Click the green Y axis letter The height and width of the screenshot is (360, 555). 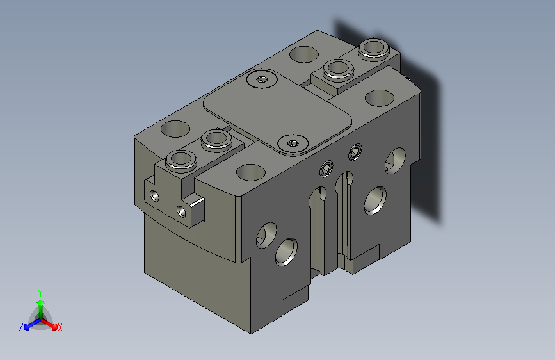point(40,293)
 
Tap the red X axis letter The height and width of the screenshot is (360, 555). point(60,328)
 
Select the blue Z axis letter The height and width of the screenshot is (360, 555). point(21,327)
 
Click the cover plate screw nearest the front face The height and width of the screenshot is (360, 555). point(293,143)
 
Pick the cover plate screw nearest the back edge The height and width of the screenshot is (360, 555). point(262,79)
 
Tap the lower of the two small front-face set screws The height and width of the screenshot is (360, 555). point(326,168)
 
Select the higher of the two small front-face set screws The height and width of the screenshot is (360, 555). point(355,152)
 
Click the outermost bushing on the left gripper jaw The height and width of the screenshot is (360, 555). point(181,160)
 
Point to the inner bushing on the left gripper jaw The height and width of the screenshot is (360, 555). point(216,139)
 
